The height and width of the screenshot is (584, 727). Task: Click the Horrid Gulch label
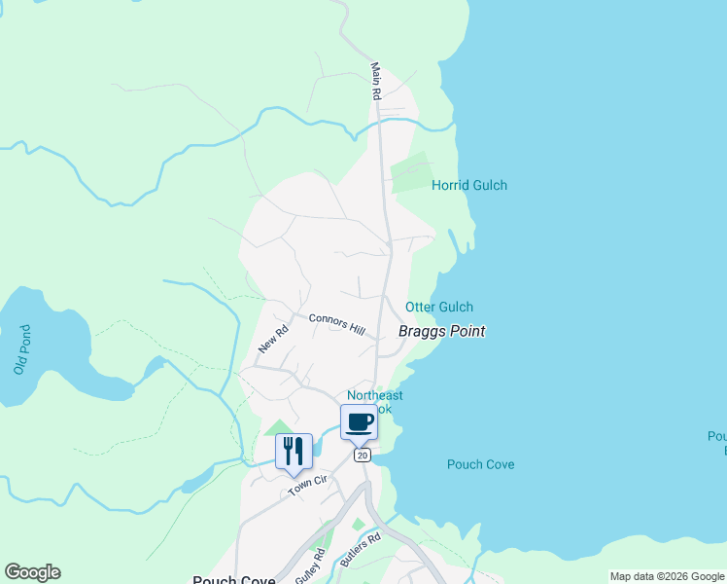point(469,185)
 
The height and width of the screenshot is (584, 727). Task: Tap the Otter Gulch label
point(439,307)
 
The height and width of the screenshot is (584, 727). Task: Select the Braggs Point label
point(441,331)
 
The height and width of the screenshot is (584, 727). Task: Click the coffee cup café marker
point(359,422)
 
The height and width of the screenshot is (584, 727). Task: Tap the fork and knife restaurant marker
point(294,451)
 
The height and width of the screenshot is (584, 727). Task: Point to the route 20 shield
point(363,456)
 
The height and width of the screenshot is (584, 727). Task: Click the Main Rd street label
point(374,82)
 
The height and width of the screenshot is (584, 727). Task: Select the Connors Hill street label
point(335,324)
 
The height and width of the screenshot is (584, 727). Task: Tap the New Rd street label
point(273,339)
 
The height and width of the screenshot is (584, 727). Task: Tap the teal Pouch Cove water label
point(480,464)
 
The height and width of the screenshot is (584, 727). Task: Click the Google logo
point(32,572)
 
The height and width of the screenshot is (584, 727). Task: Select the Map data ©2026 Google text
point(667,576)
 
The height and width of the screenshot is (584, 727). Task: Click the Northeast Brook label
point(374,401)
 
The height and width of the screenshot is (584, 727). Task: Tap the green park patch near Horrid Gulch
point(409,172)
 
